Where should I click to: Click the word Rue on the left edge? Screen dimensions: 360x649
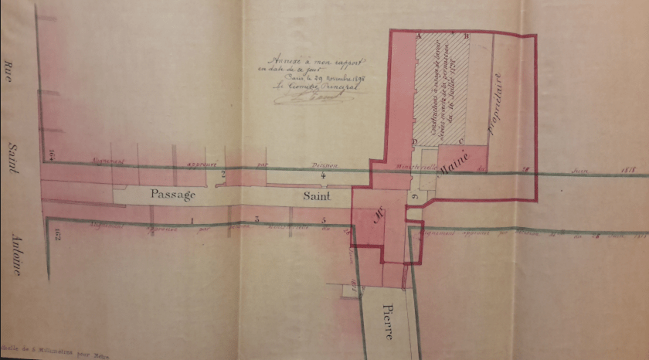10,73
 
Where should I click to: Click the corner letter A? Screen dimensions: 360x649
418,36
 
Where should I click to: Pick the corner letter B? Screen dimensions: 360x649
466,36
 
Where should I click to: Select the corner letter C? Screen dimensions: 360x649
460,141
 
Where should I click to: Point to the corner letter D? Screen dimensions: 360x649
415,141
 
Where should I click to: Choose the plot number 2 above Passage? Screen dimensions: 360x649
223,175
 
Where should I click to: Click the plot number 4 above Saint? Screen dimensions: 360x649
324,175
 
